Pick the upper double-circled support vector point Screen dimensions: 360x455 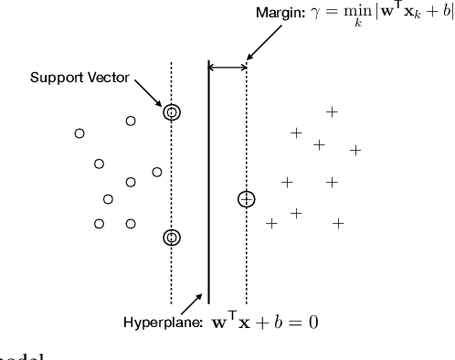pyautogui.click(x=172, y=112)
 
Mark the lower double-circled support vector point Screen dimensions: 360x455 pyautogui.click(x=172, y=238)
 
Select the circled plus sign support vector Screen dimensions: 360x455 pyautogui.click(x=246, y=198)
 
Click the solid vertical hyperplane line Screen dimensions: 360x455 pyautogui.click(x=209, y=183)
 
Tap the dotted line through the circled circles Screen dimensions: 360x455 pyautogui.click(x=172, y=174)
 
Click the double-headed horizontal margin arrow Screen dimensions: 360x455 pyautogui.click(x=227, y=67)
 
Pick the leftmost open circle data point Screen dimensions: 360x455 pyautogui.click(x=79, y=133)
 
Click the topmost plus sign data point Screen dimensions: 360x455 pyautogui.click(x=332, y=111)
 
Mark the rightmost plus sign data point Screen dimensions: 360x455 pyautogui.click(x=355, y=150)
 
